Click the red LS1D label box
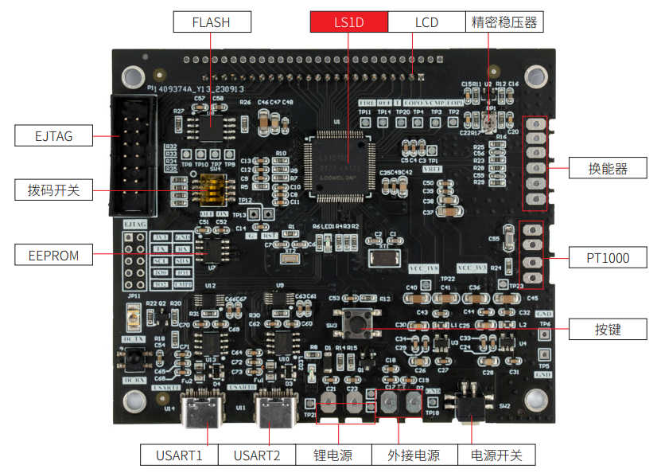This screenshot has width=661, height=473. point(348,22)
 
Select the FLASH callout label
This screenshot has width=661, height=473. point(211,22)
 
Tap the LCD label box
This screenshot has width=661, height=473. point(426,22)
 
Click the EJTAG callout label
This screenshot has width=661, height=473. point(53,136)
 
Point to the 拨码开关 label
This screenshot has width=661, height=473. point(53,190)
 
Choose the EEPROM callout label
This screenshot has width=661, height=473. point(53,256)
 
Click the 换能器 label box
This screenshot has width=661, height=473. point(608,169)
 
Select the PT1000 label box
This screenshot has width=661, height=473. point(608,257)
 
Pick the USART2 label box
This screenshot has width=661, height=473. point(256,455)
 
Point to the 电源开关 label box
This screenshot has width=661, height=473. point(496,455)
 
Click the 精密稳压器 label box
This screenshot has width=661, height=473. point(505,22)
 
